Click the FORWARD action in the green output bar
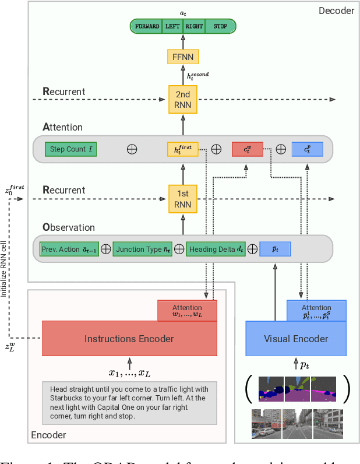[147, 26]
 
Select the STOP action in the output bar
[220, 26]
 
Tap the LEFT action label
[172, 26]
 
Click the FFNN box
[183, 57]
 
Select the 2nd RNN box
[183, 100]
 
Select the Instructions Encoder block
[129, 339]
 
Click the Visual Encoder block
[296, 339]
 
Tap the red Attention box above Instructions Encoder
[187, 311]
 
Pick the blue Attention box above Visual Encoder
[316, 311]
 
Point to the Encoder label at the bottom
[48, 435]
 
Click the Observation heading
[69, 227]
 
